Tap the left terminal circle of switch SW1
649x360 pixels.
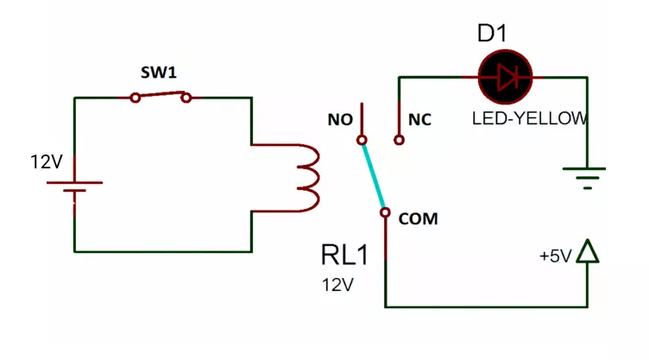point(135,98)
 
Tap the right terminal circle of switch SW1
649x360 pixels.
point(186,98)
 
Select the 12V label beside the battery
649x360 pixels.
point(47,161)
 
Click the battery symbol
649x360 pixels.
point(74,187)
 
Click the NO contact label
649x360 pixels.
point(340,120)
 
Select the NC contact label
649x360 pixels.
point(419,120)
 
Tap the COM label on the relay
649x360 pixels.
point(418,219)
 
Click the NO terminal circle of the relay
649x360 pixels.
point(362,140)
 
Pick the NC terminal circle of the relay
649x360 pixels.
point(398,140)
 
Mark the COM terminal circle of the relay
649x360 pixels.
point(386,211)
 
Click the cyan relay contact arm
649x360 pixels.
point(374,175)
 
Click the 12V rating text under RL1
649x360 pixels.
point(337,285)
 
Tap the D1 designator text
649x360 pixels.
point(492,34)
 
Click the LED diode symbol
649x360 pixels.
point(506,78)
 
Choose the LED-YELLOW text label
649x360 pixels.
point(529,118)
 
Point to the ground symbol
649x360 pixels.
point(587,178)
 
